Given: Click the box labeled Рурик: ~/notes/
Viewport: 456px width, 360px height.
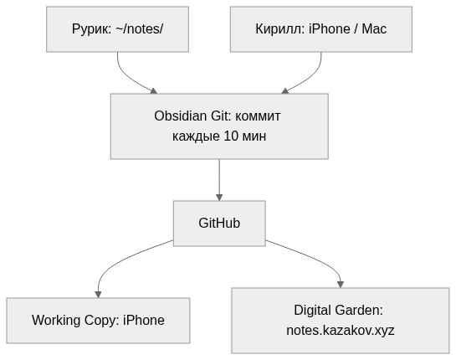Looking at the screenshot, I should pos(117,29).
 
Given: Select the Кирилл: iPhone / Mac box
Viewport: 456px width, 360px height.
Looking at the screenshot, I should pos(320,29).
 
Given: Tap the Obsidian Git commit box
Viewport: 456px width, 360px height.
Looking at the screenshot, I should pos(219,126).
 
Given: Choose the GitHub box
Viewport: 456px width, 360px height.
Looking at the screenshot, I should pos(219,223).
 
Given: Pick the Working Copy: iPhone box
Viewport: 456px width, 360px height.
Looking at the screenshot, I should pos(98,320).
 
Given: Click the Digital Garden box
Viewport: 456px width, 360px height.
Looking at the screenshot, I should pos(341,320).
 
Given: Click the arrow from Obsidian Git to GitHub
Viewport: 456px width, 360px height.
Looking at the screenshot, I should pos(219,179).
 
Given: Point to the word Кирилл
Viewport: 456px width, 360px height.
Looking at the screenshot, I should pos(279,29).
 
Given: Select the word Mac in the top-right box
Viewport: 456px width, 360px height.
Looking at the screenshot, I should pos(374,29).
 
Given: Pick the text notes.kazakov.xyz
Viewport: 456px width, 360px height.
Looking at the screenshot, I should pos(341,330).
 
